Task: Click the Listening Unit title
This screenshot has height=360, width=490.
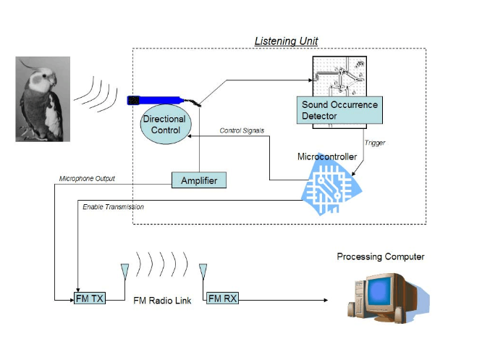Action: click(x=286, y=41)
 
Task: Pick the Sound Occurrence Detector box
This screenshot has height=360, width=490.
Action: click(x=339, y=111)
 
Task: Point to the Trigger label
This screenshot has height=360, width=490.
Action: click(x=375, y=143)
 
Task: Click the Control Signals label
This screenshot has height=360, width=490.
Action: click(x=242, y=130)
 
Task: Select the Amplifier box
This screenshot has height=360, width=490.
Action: click(x=198, y=180)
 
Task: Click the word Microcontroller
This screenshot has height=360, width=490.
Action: click(x=327, y=156)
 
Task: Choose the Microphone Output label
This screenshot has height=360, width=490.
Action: click(x=86, y=179)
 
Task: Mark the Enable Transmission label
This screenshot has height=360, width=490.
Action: click(x=113, y=207)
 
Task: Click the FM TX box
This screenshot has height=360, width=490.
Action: click(x=90, y=298)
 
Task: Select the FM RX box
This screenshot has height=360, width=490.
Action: click(x=222, y=298)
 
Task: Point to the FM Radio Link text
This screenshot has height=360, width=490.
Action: click(x=162, y=300)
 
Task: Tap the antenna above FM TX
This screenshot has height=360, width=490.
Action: click(x=124, y=272)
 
